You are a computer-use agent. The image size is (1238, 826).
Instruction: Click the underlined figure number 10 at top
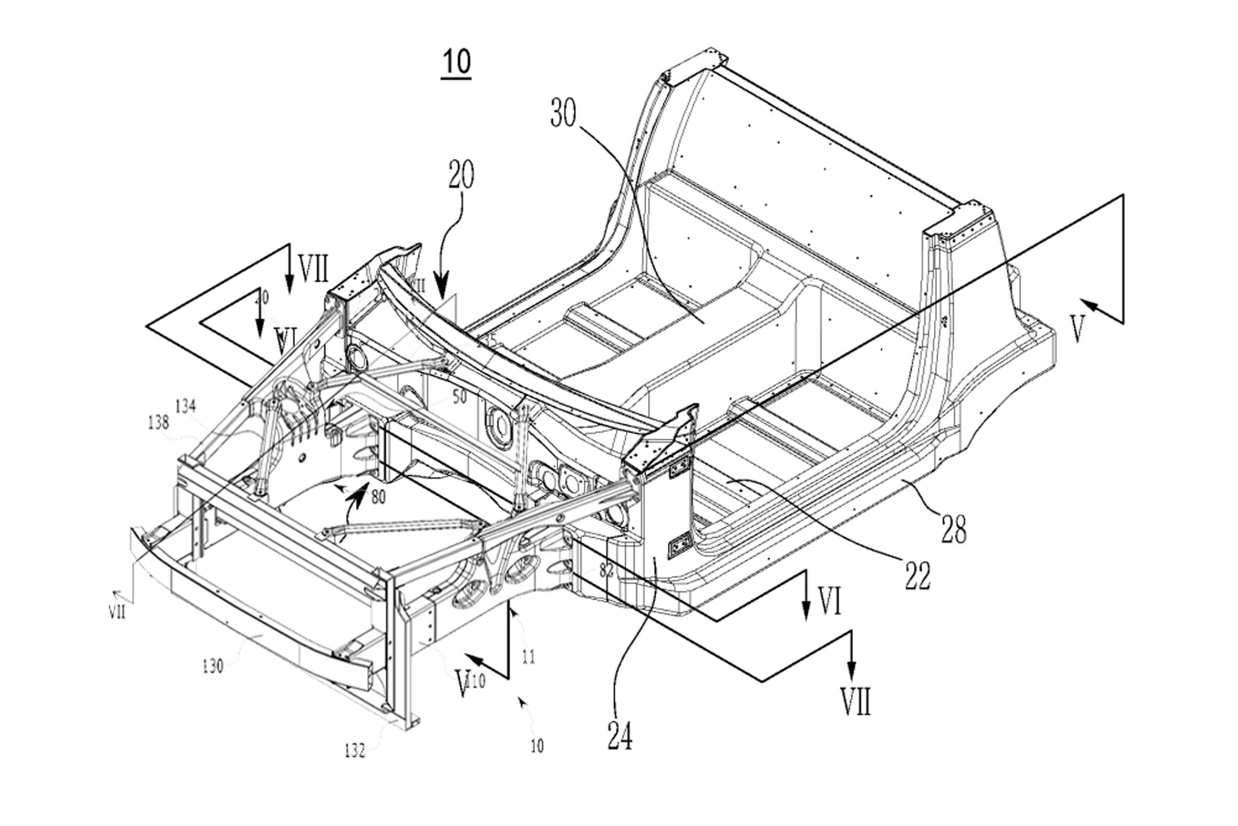pos(456,62)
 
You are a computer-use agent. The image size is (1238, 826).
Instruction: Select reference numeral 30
pos(563,113)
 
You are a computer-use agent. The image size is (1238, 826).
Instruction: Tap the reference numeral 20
pos(461,175)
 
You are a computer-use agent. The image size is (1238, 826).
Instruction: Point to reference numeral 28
pos(953,527)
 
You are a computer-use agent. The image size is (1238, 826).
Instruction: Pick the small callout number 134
pos(186,407)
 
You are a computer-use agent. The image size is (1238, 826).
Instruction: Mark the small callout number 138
pos(158,422)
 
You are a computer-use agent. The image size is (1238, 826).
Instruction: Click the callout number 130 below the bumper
pos(213,666)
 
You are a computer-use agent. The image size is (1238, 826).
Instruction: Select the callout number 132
pos(355,751)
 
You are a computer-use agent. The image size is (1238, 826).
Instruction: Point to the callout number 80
pos(378,497)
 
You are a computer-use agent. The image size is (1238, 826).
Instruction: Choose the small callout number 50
pos(460,397)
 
